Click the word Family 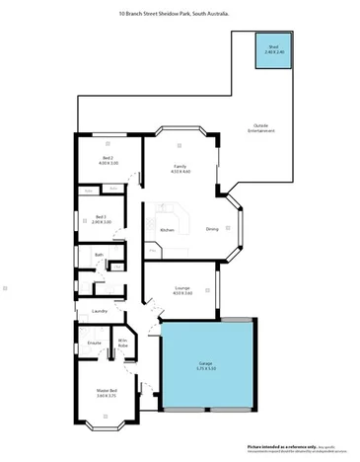pyautogui.click(x=180, y=166)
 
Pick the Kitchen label pyautogui.click(x=167, y=230)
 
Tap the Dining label pyautogui.click(x=212, y=230)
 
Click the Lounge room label pyautogui.click(x=181, y=287)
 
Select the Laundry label pyautogui.click(x=99, y=312)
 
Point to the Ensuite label pyautogui.click(x=94, y=344)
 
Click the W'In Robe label pyautogui.click(x=122, y=343)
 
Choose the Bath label pyautogui.click(x=99, y=256)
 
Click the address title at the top pyautogui.click(x=174, y=15)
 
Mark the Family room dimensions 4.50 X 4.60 pyautogui.click(x=180, y=173)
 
